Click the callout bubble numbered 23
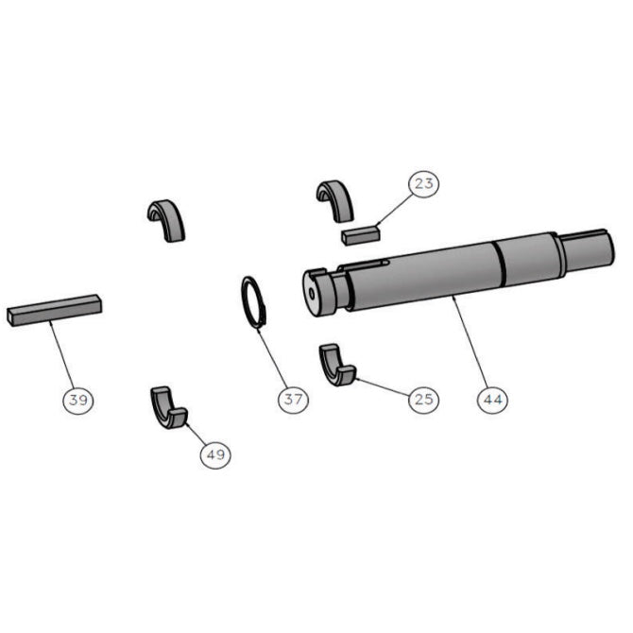coord(424,183)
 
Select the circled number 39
coord(78,400)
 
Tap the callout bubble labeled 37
coord(292,400)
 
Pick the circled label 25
coord(423,399)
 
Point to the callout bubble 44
coord(491,400)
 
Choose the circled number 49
coord(215,454)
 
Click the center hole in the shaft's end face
coord(313,292)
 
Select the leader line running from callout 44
coord(470,345)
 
